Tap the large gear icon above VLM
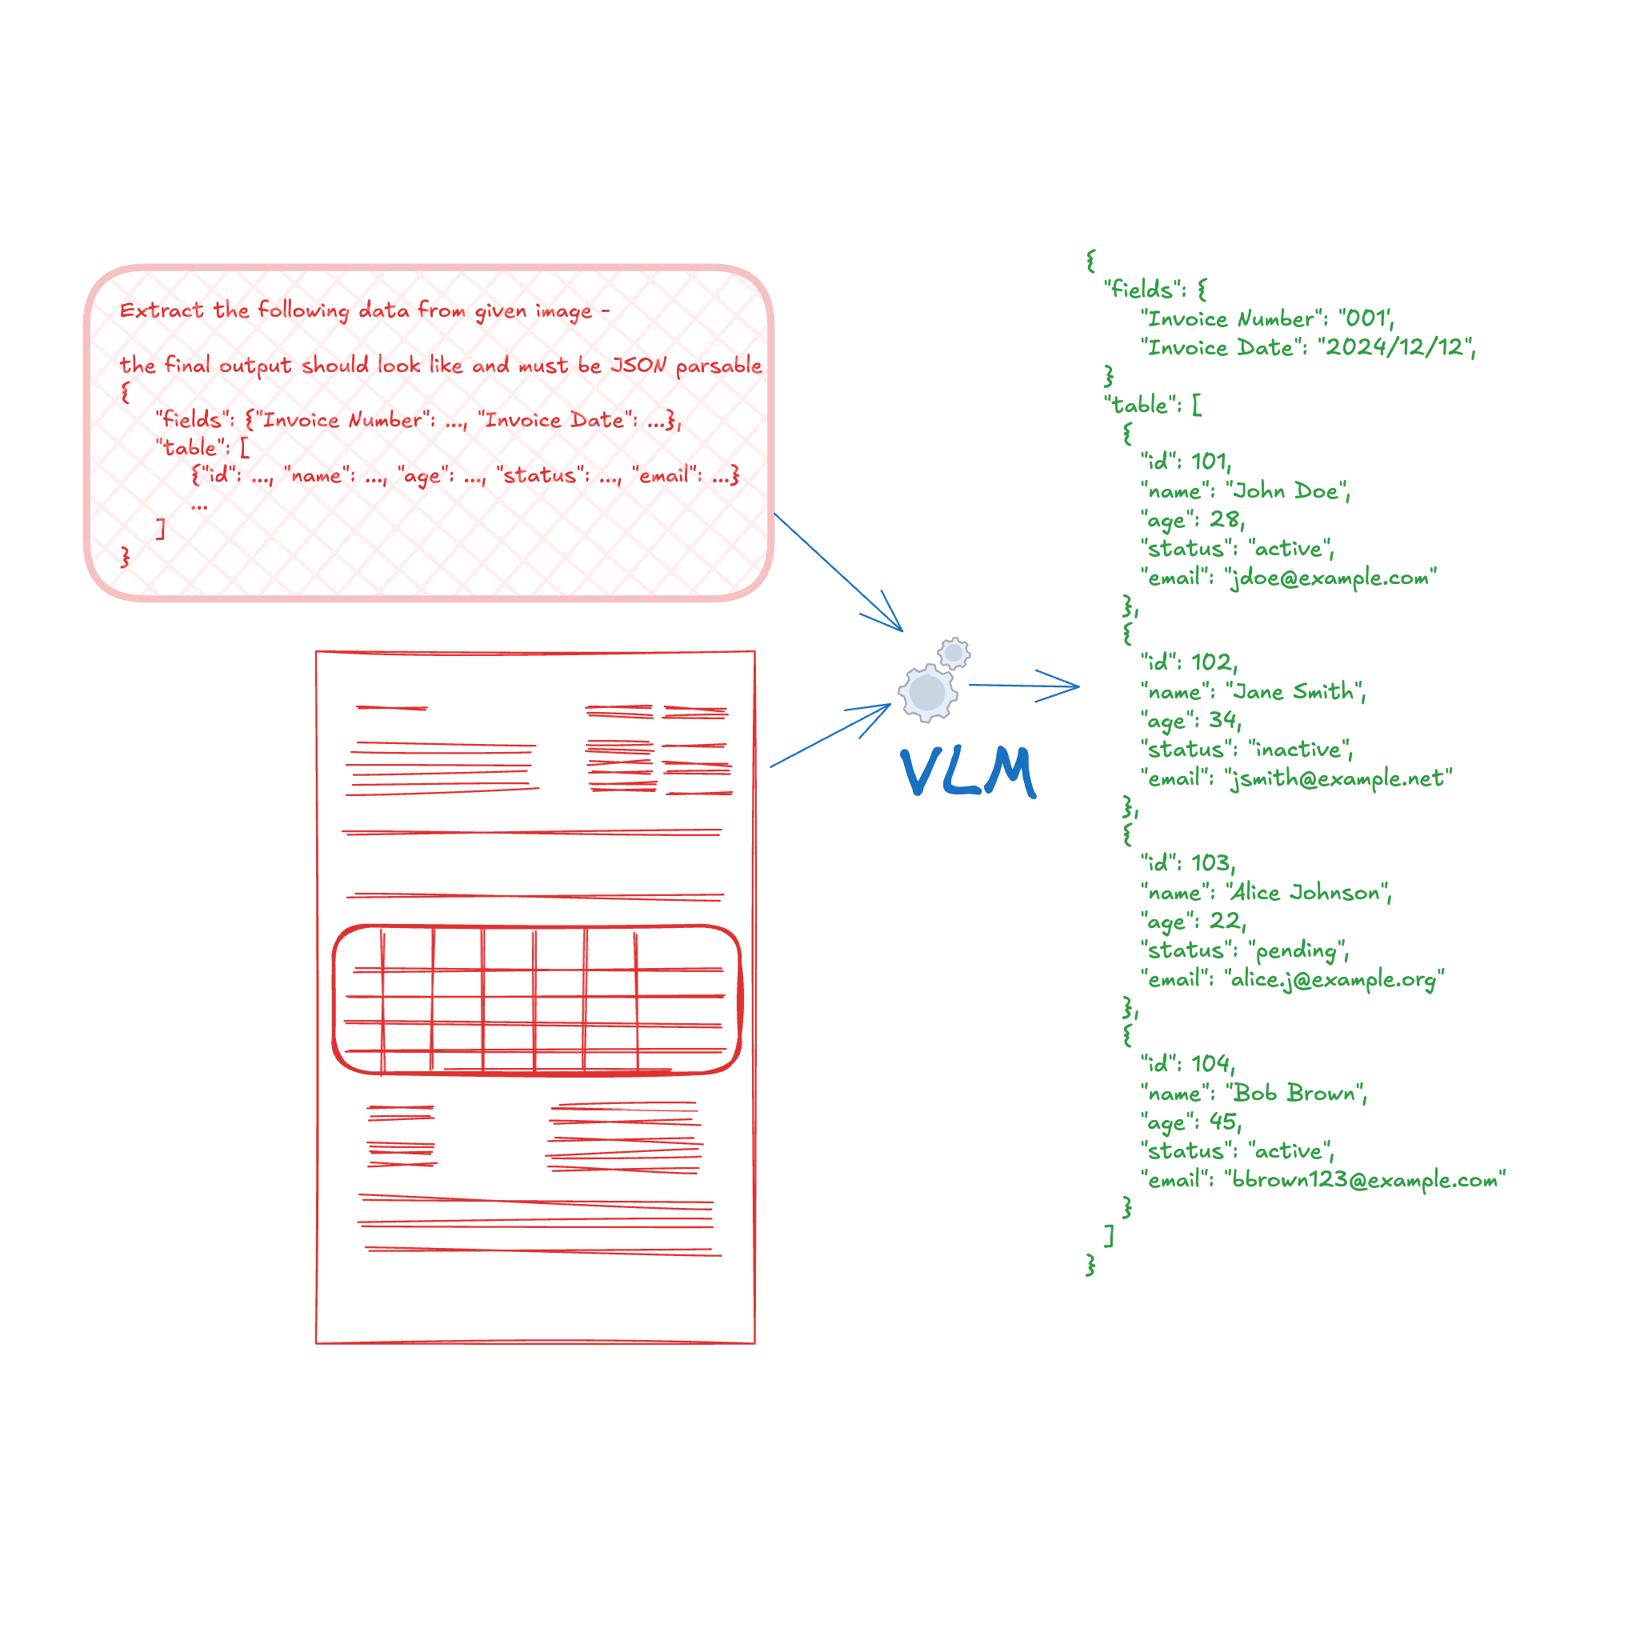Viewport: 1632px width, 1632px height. [x=927, y=694]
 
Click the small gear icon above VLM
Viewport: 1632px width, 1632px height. [x=954, y=653]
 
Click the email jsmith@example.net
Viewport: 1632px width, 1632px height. [x=1338, y=778]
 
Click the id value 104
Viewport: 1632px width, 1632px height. [x=1210, y=1063]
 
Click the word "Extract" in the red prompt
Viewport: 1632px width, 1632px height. [x=162, y=310]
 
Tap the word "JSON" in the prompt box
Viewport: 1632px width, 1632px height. [x=638, y=365]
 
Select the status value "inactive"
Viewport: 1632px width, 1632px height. [x=1298, y=750]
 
